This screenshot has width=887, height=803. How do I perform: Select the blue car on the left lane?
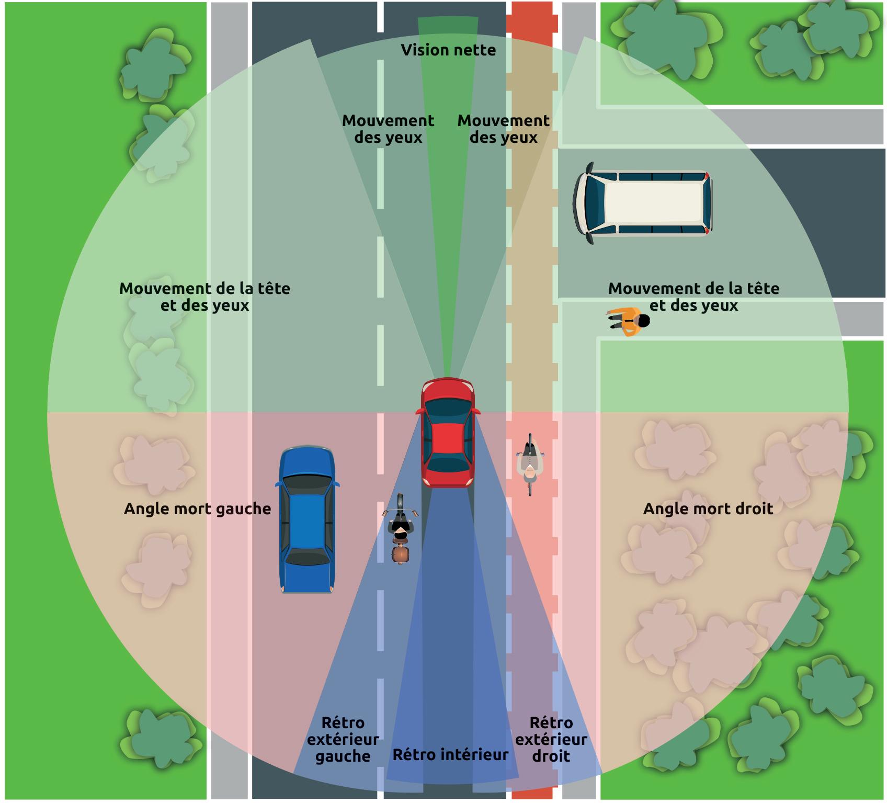[x=306, y=520]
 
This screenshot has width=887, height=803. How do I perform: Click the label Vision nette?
[x=448, y=50]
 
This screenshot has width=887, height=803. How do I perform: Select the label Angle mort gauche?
[x=197, y=509]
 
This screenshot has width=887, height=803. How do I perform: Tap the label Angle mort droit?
[x=708, y=509]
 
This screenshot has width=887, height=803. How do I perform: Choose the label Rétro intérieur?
[x=450, y=754]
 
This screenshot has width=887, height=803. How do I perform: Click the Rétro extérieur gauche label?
[x=343, y=739]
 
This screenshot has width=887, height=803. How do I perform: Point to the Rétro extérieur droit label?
[x=551, y=739]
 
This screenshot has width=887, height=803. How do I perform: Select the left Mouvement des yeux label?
[x=388, y=129]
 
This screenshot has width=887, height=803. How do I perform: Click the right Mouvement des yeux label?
[x=504, y=129]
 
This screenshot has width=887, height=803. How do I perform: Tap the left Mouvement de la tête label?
[x=204, y=297]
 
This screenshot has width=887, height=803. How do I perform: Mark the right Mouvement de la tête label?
[x=693, y=297]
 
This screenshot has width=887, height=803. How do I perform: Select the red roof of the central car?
[x=448, y=439]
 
